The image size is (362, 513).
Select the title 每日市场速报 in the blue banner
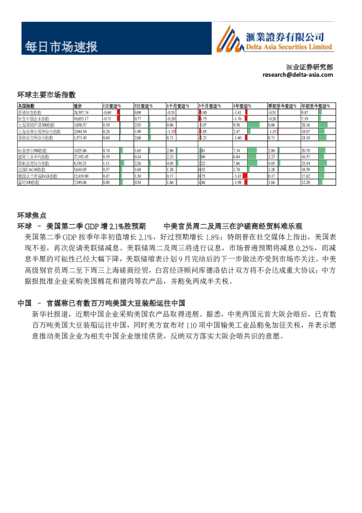tap(61, 47)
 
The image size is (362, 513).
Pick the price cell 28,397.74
tap(81, 113)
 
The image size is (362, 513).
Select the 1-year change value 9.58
tap(237, 124)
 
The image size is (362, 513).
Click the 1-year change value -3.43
tap(238, 175)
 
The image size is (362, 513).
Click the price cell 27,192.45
tap(81, 157)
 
